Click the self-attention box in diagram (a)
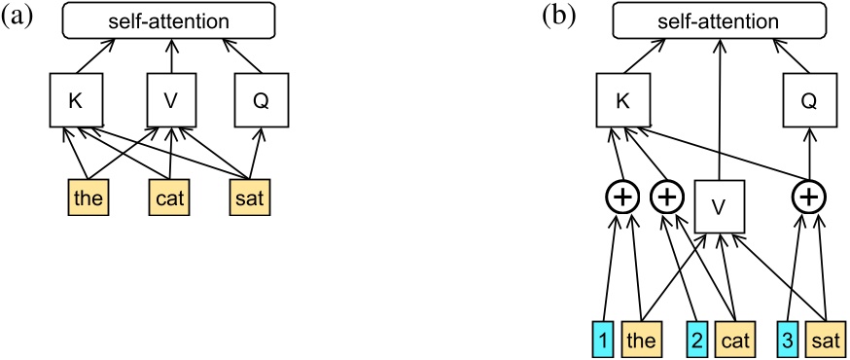[x=172, y=21]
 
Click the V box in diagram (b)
[x=717, y=205]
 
